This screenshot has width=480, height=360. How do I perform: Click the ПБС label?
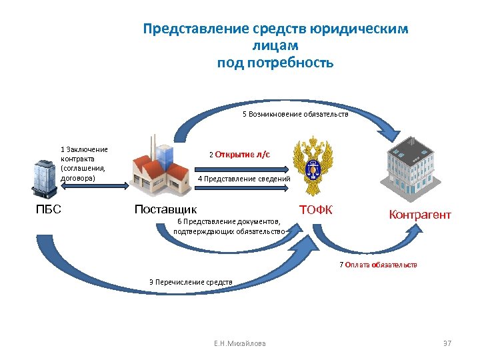pyautogui.click(x=48, y=209)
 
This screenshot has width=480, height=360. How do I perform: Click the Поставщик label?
pyautogui.click(x=165, y=209)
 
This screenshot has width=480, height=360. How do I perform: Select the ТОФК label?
pyautogui.click(x=315, y=210)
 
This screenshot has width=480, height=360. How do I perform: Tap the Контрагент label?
pyautogui.click(x=420, y=215)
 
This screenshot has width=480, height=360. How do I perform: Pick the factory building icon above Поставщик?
pyautogui.click(x=160, y=170)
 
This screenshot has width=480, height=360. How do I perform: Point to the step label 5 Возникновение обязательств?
pyautogui.click(x=295, y=115)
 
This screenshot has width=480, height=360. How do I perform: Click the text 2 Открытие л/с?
pyautogui.click(x=239, y=155)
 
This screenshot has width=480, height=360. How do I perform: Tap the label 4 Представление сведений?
pyautogui.click(x=244, y=179)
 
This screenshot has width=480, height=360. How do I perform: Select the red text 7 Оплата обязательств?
pyautogui.click(x=378, y=265)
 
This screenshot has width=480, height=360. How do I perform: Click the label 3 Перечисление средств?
pyautogui.click(x=191, y=282)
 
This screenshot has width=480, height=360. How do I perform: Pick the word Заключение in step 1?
pyautogui.click(x=87, y=149)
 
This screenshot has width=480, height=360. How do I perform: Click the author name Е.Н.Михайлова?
pyautogui.click(x=239, y=343)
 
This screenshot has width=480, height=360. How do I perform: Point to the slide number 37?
pyautogui.click(x=447, y=343)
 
